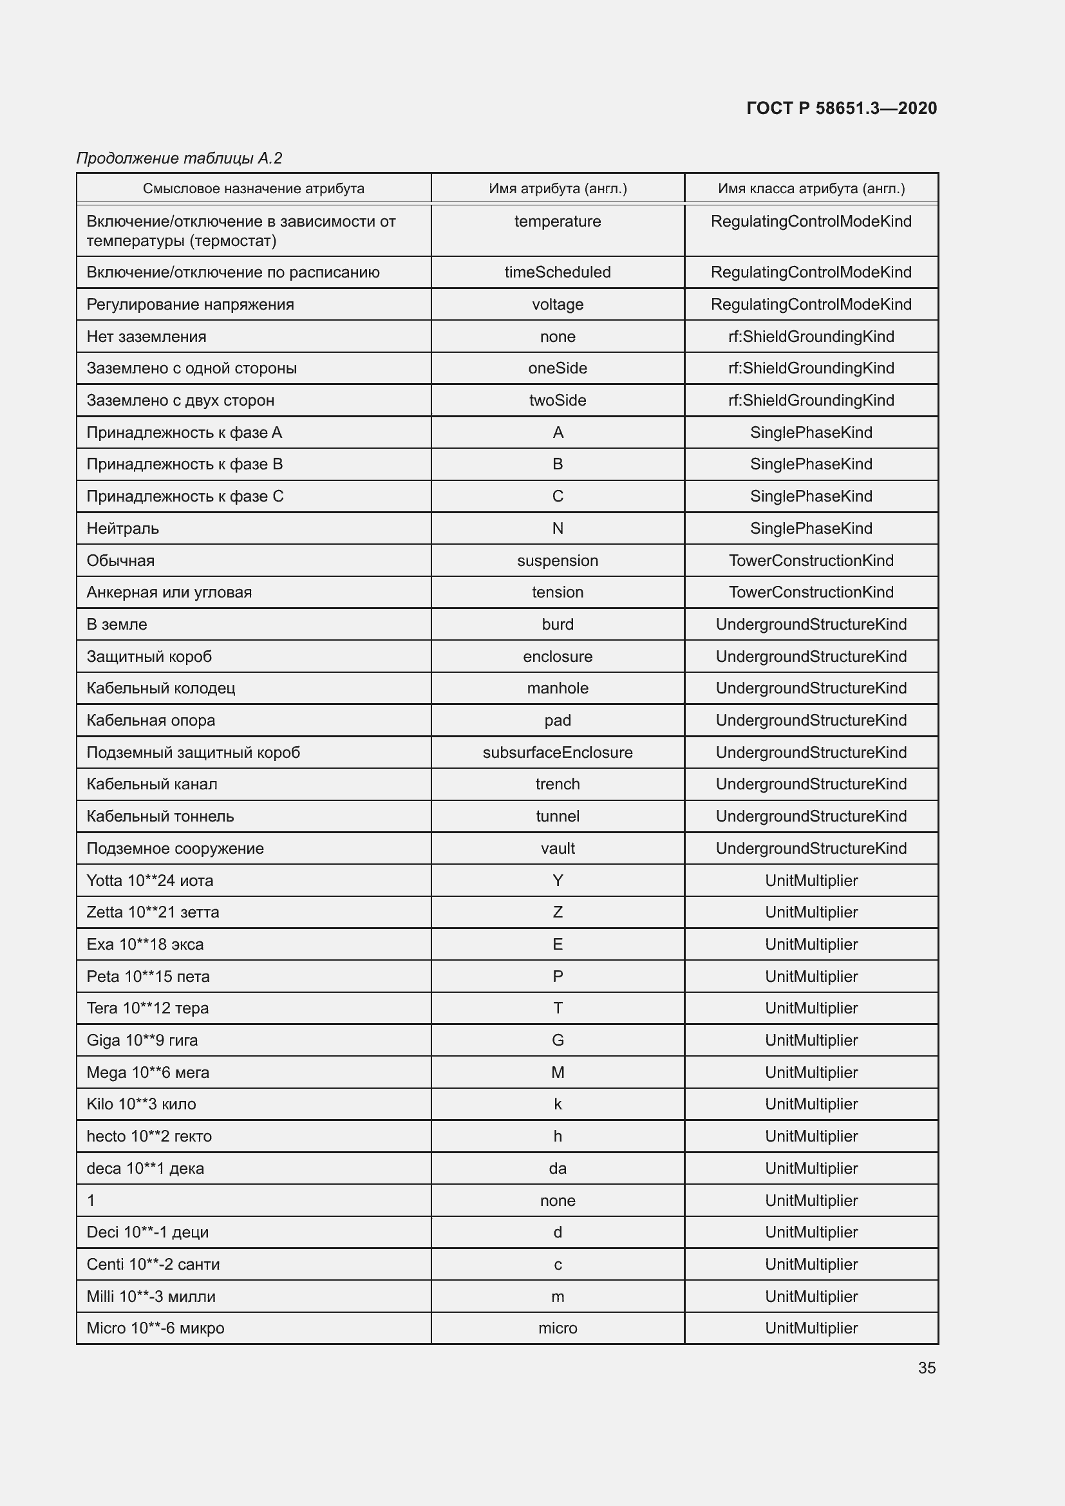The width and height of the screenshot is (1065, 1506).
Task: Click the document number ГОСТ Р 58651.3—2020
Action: click(x=842, y=108)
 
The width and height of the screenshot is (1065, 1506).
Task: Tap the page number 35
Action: click(x=927, y=1368)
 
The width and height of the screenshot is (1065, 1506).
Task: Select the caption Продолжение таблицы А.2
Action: click(x=179, y=158)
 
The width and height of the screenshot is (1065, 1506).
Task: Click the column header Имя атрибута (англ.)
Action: click(x=558, y=189)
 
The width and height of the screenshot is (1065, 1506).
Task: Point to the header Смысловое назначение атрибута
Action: click(x=253, y=189)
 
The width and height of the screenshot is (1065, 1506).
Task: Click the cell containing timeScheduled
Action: click(x=558, y=272)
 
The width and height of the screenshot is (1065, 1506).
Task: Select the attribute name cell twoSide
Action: click(x=558, y=400)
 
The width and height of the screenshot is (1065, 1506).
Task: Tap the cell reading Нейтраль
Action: click(x=122, y=528)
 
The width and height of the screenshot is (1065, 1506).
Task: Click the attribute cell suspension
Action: click(x=558, y=560)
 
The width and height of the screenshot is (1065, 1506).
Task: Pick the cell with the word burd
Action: click(x=558, y=625)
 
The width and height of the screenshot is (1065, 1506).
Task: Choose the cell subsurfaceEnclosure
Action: click(x=558, y=752)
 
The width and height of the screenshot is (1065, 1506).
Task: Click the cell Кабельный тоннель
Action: click(x=160, y=816)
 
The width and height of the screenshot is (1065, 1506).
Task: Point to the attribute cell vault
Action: click(x=558, y=848)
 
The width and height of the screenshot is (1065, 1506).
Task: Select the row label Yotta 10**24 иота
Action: click(x=149, y=880)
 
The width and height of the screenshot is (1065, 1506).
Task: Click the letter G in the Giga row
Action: click(x=558, y=1040)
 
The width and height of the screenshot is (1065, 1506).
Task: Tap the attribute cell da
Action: click(x=558, y=1168)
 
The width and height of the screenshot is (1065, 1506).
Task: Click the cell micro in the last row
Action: click(x=558, y=1328)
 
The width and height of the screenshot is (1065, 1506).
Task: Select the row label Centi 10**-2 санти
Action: click(x=153, y=1264)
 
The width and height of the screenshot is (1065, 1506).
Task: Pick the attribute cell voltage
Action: click(x=558, y=305)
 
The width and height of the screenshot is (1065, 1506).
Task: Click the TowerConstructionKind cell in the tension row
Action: click(x=811, y=592)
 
